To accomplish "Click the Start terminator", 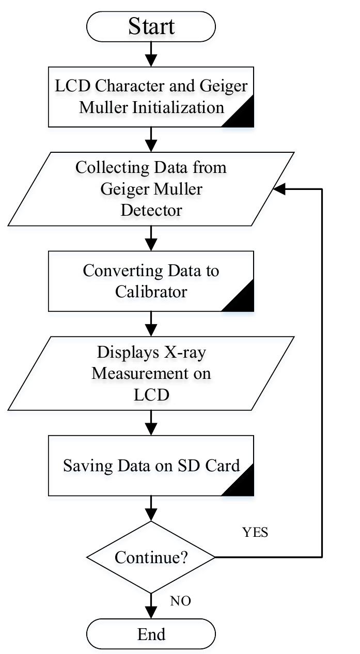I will pyautogui.click(x=151, y=26).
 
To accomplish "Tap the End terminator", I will pyautogui.click(x=151, y=634).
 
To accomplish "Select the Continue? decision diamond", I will pyautogui.click(x=151, y=557).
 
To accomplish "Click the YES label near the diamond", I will pyautogui.click(x=255, y=533).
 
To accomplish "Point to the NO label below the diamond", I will pyautogui.click(x=180, y=601).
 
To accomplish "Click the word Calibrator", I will pyautogui.click(x=151, y=292).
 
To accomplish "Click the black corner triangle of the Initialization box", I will pyautogui.click(x=243, y=118).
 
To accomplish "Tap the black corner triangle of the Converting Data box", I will pyautogui.click(x=243, y=302).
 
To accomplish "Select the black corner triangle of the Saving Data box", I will pyautogui.click(x=243, y=487).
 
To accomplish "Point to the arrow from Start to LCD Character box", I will pyautogui.click(x=151, y=54).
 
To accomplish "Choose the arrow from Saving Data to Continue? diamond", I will pyautogui.click(x=151, y=508).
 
